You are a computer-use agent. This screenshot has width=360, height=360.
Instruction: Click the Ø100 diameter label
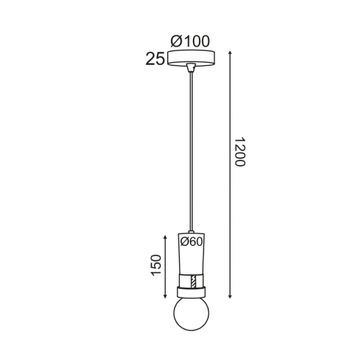(x=190, y=41)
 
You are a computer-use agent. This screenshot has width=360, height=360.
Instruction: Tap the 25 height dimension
(x=155, y=60)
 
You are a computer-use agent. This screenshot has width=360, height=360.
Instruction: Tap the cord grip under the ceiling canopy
(x=190, y=68)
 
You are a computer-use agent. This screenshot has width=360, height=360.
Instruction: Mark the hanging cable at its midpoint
(x=190, y=151)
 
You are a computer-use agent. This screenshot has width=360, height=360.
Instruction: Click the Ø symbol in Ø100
(x=175, y=41)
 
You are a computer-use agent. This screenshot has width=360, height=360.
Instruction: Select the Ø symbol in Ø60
(x=184, y=242)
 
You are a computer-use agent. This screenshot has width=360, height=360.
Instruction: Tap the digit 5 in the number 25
(x=160, y=60)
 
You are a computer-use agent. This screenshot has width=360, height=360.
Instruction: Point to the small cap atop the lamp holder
(x=190, y=232)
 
